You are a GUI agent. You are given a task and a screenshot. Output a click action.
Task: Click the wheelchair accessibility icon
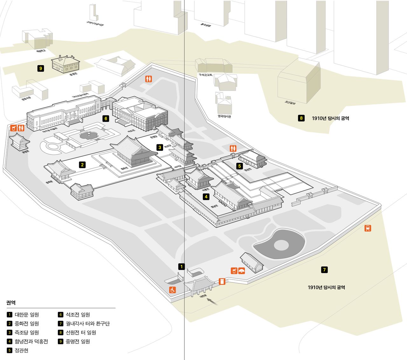[172, 290]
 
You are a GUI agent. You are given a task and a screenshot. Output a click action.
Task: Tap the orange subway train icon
[368, 228]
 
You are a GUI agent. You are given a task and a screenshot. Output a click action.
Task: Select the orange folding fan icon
[242, 271]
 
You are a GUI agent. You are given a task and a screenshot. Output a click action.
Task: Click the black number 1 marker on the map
[181, 267]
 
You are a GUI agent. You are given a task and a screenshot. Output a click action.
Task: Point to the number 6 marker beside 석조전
[106, 118]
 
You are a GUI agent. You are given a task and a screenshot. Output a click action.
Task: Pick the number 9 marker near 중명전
[40, 68]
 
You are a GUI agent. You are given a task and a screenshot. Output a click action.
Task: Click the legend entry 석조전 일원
[78, 315]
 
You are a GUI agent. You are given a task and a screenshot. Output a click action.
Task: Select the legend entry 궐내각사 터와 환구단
[87, 324]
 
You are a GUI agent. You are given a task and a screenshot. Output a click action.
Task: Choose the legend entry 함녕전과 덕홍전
[31, 342]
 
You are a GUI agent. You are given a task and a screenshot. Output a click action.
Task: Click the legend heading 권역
[11, 302]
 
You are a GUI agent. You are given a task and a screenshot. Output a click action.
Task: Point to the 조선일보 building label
[290, 103]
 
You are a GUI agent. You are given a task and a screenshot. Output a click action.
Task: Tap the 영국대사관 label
[224, 116]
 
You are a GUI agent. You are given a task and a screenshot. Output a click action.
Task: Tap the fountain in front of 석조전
[88, 136]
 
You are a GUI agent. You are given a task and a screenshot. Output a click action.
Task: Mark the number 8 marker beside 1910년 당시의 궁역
[301, 118]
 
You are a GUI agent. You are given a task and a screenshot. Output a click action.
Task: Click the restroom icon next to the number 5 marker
[233, 148]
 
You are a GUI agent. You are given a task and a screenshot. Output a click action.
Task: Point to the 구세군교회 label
[205, 75]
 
